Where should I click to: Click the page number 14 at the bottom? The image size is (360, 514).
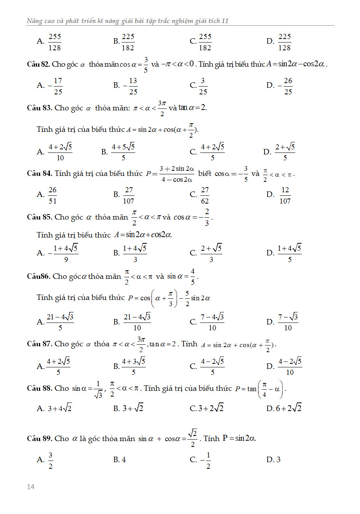tap(31, 486)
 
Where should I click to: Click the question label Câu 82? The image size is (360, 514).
tap(39, 64)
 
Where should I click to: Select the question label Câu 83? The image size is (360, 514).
tap(39, 108)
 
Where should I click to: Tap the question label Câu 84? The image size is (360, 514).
tap(39, 174)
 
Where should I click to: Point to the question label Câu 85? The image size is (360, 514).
tap(39, 217)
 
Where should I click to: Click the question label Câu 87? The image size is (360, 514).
tap(39, 344)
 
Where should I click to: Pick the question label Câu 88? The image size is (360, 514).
tap(39, 388)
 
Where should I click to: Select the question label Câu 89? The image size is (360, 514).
tap(39, 439)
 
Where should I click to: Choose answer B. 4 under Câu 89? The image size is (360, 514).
tap(120, 460)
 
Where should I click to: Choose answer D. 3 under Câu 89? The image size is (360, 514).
tap(274, 460)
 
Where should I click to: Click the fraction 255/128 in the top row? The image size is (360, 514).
tap(55, 42)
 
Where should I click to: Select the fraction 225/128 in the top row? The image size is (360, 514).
tap(284, 42)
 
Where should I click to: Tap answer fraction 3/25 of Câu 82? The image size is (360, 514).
tap(203, 86)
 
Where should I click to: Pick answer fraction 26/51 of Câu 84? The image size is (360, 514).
tap(53, 195)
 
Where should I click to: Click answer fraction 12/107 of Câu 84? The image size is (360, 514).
tap(285, 195)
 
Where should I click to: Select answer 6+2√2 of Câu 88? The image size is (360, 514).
tap(289, 408)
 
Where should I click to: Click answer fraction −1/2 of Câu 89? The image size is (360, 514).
tap(206, 461)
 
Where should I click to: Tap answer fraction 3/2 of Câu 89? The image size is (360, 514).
tap(51, 461)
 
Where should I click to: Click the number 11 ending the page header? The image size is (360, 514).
tap(225, 21)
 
